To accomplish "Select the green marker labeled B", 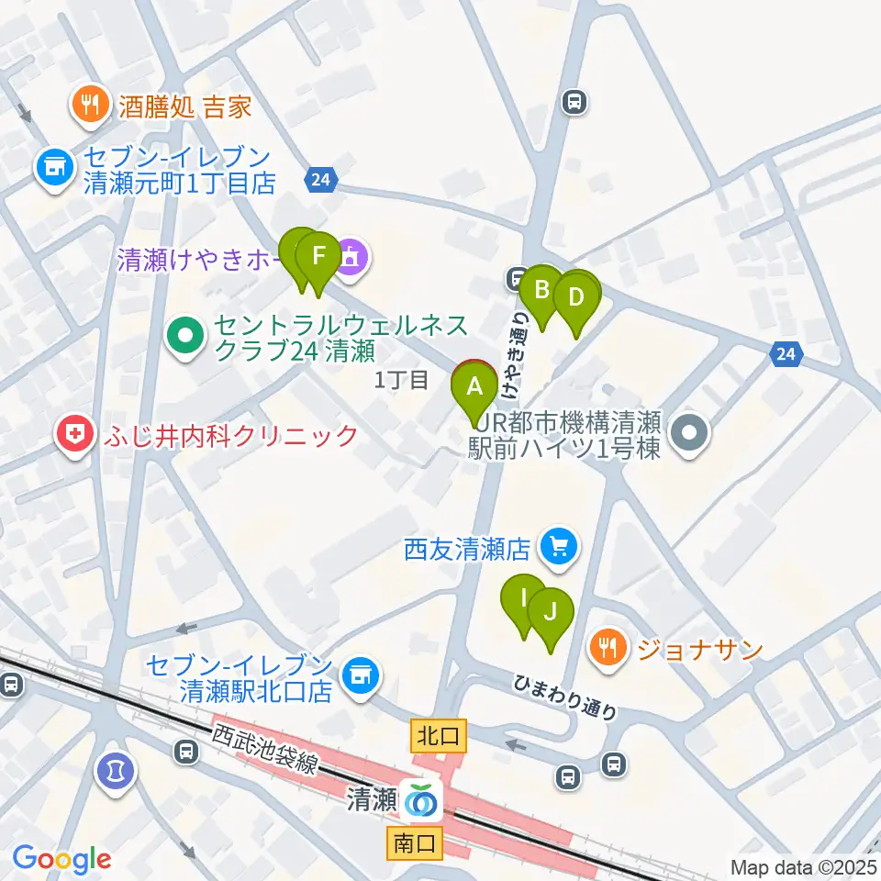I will coord(541,290).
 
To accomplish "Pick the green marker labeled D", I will coord(576,297).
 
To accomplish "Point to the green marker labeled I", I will coord(525,599).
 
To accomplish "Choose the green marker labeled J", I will coord(550,611).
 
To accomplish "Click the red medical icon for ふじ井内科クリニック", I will coord(74,435).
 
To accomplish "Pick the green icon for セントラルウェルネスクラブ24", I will coord(185,338).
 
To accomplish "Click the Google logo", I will coord(61,859).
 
